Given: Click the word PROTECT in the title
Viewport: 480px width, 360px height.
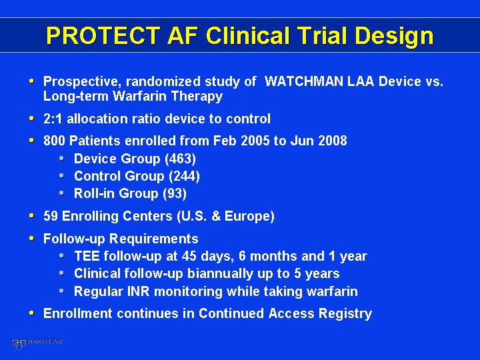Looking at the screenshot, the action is click(103, 35).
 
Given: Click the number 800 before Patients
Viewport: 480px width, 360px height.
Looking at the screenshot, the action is click(54, 141).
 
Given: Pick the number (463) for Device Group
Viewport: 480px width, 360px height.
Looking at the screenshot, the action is click(180, 159).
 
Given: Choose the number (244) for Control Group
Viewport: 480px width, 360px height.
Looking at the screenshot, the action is click(184, 176).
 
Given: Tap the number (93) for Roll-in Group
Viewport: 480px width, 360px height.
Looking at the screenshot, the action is click(175, 194).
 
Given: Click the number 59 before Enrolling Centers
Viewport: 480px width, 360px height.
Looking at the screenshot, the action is click(51, 216).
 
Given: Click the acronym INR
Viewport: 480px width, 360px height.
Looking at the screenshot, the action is click(139, 291).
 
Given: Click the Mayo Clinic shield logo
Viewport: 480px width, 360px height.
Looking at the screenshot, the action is click(18, 344).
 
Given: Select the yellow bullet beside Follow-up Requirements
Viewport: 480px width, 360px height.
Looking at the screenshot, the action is click(31, 238).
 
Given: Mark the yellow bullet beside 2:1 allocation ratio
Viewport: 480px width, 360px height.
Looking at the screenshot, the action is click(31, 118).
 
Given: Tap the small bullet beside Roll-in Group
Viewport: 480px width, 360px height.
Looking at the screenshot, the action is click(62, 193).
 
